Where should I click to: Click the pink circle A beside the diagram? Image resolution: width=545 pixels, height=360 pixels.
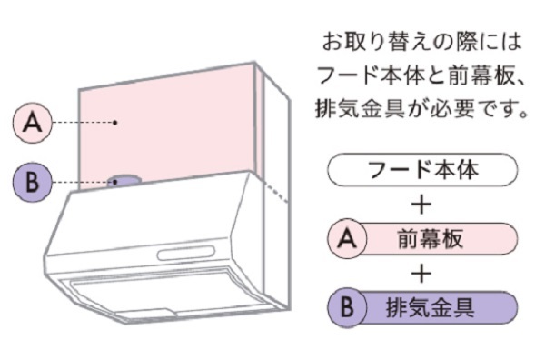click(33, 123)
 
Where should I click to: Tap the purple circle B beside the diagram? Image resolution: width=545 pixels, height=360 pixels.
click(33, 182)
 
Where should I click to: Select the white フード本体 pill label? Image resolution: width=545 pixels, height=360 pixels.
click(422, 170)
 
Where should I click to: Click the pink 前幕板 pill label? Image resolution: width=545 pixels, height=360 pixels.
click(422, 239)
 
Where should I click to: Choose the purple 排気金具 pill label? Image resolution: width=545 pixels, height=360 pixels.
click(422, 308)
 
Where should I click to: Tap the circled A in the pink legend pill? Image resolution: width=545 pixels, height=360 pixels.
click(347, 238)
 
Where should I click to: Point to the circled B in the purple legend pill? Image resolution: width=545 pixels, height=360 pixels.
click(347, 307)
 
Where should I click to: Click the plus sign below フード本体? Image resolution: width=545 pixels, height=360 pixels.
click(421, 205)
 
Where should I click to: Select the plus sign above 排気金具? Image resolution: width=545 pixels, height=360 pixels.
click(421, 274)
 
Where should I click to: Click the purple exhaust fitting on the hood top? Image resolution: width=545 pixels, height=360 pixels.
click(124, 181)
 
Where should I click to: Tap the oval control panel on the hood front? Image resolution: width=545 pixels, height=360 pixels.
click(186, 253)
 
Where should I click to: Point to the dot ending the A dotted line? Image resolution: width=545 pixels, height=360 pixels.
click(115, 123)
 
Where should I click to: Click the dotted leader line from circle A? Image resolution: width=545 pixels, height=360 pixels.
click(84, 123)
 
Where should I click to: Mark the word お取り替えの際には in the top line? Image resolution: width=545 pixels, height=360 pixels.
click(422, 42)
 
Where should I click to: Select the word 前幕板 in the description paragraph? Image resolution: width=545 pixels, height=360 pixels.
click(481, 75)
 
